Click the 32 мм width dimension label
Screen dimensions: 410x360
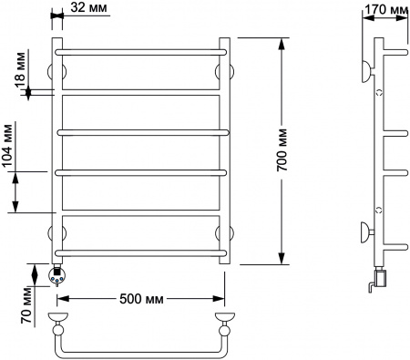tap(88, 7)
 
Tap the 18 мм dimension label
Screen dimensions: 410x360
tap(21, 70)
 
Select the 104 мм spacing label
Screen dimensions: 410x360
tap(8, 146)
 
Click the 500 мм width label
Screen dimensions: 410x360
tap(141, 299)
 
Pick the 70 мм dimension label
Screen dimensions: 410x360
tap(26, 305)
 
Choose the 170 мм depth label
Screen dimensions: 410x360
tap(386, 10)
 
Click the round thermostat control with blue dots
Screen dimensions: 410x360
tap(56, 276)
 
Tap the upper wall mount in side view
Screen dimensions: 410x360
tap(368, 71)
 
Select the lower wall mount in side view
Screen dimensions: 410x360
tap(367, 232)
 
